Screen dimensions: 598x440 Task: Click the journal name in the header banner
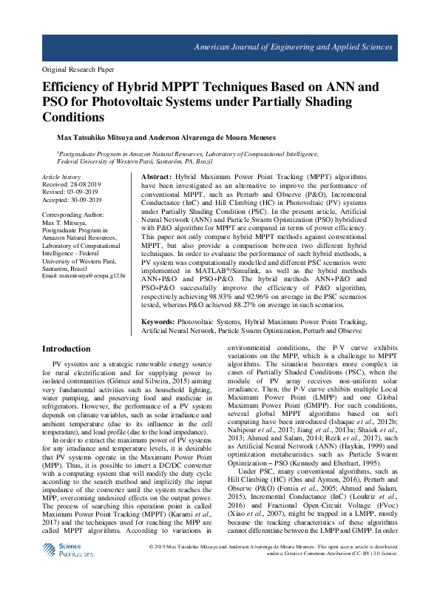click(x=292, y=47)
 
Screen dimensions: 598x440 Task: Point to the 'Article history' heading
click(x=61, y=178)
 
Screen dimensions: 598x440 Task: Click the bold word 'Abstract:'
click(x=156, y=178)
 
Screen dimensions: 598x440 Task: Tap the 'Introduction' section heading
click(x=66, y=349)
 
